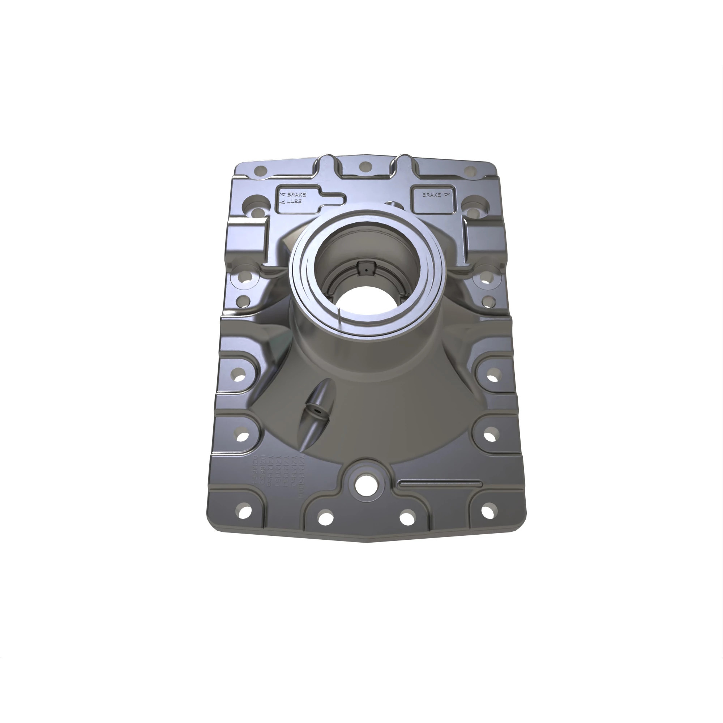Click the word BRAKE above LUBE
pos(296,194)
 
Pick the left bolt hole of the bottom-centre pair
pos(325,518)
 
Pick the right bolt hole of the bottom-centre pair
pos(407,518)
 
